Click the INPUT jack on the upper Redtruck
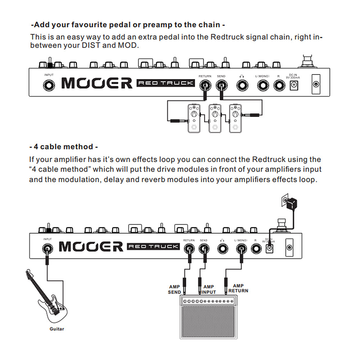tap(49, 85)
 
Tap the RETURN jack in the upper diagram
tap(205, 86)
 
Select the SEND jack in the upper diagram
tap(221, 86)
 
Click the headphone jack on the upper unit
tap(242, 86)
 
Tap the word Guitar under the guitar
tap(57, 329)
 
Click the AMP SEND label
tap(175, 289)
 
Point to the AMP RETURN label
tap(238, 288)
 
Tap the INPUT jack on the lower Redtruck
tap(47, 248)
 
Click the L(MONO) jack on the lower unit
tap(241, 249)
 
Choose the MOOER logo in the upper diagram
tap(97, 83)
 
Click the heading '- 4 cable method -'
tap(63, 147)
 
